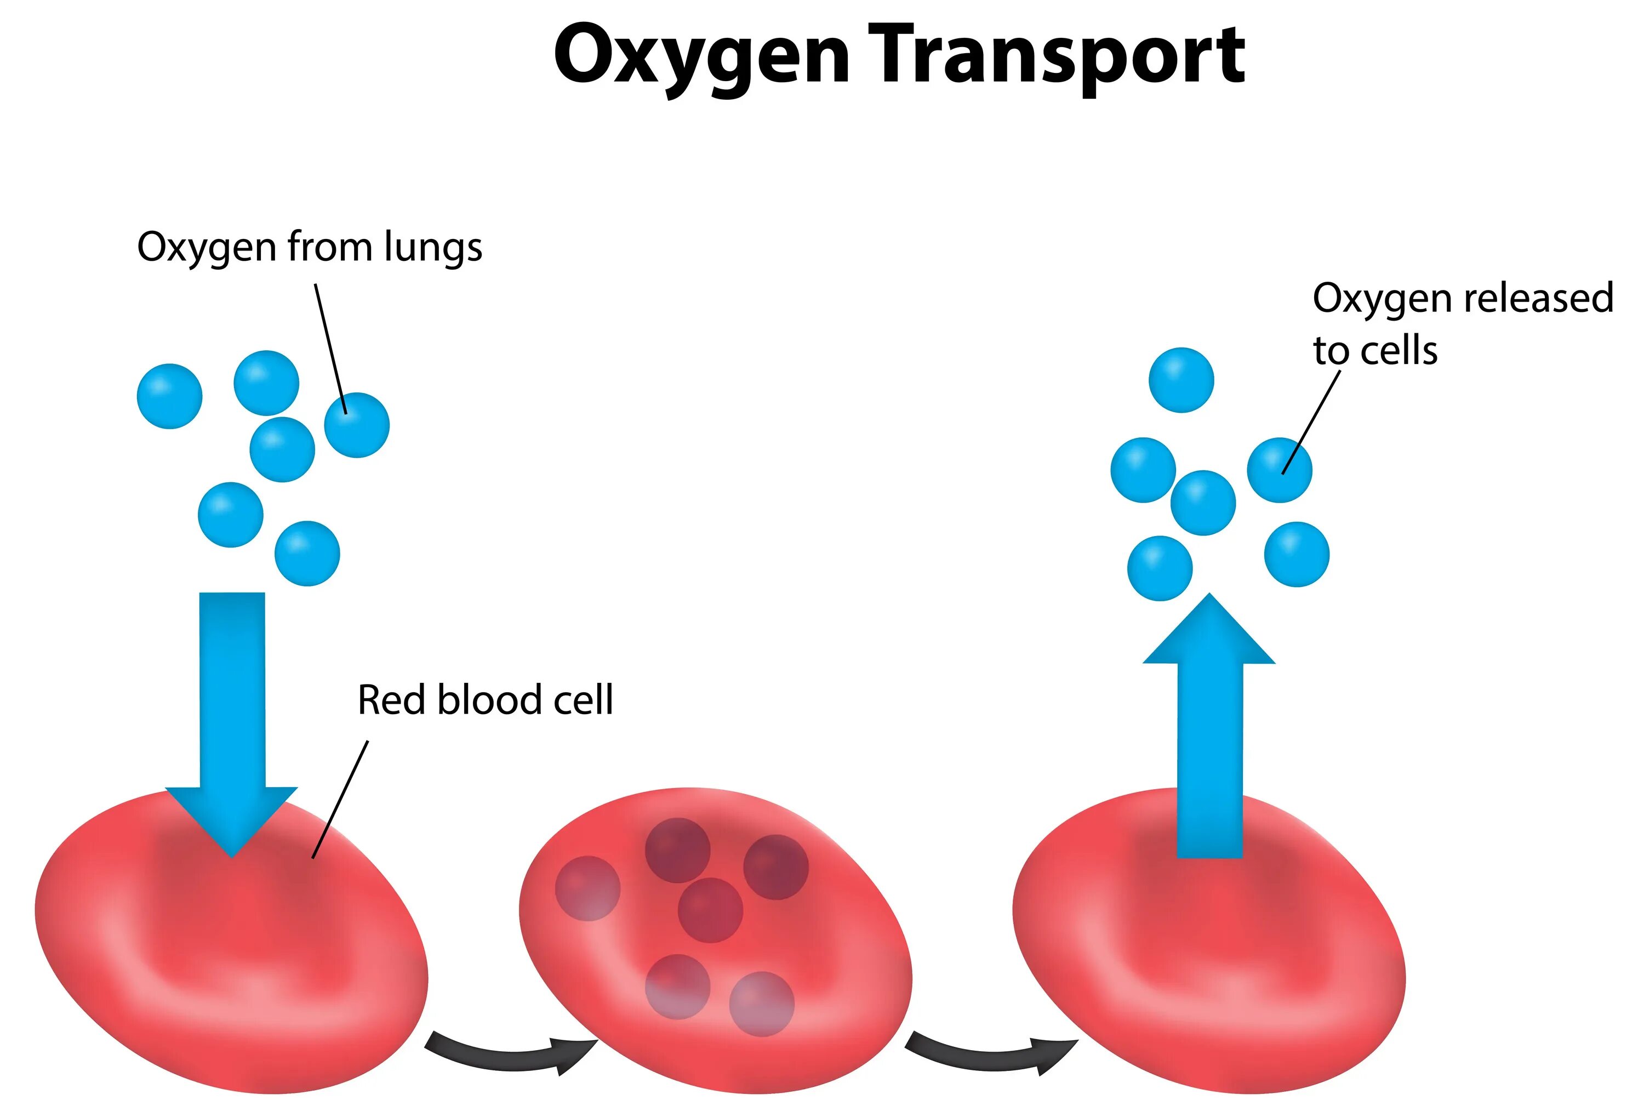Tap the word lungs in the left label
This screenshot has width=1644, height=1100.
(433, 248)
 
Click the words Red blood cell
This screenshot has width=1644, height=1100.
(486, 700)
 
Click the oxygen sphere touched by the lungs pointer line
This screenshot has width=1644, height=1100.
(357, 425)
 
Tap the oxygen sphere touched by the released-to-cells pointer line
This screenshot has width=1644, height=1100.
(1279, 470)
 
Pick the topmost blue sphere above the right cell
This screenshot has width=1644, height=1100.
(1181, 380)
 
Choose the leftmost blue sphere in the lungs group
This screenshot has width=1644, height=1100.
(170, 396)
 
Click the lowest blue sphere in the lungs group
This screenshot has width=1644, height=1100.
(307, 554)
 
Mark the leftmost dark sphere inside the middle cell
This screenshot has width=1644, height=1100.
(588, 888)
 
